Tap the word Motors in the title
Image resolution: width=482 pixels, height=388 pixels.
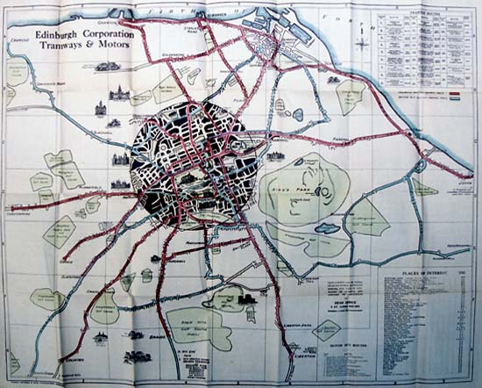[x=110, y=47]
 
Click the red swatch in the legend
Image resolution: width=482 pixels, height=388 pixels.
[x=457, y=91]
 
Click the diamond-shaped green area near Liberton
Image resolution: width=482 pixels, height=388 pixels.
[x=327, y=331]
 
